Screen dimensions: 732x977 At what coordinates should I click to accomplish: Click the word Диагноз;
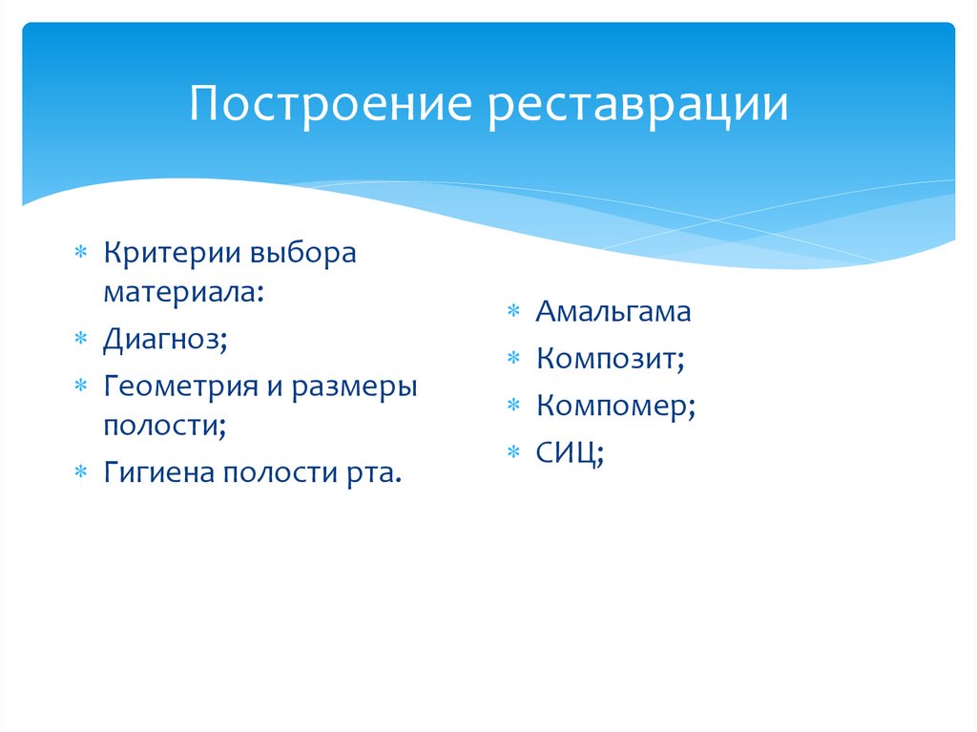pyautogui.click(x=165, y=340)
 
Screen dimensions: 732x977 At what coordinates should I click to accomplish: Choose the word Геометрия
pyautogui.click(x=186, y=387)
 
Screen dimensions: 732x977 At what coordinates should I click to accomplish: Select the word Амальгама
pyautogui.click(x=613, y=311)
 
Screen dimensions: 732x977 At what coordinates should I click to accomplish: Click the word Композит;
pyautogui.click(x=611, y=359)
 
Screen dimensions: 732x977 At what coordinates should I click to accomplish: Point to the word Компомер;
pyautogui.click(x=615, y=407)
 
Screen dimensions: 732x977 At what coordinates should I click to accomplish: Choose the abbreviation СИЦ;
pyautogui.click(x=570, y=453)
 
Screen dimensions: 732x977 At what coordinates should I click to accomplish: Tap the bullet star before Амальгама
pyautogui.click(x=513, y=312)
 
